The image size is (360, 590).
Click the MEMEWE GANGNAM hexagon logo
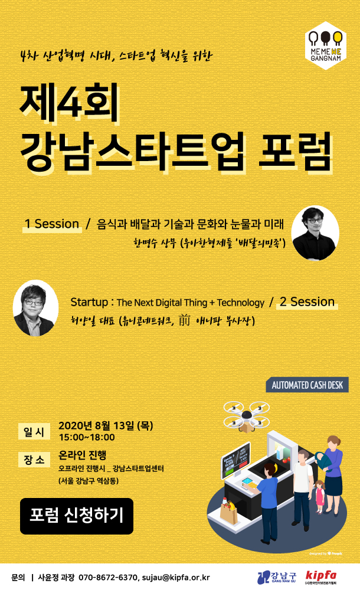[x=325, y=46]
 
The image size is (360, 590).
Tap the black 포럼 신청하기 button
[x=77, y=516]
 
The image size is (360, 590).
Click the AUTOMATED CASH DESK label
[x=307, y=385]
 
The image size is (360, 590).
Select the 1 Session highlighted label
[x=52, y=224]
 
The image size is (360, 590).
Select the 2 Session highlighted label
[x=307, y=302]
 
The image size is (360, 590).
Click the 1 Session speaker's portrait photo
[x=315, y=233]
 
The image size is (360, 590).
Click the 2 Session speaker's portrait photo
[x=36, y=308]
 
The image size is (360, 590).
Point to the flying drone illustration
[x=247, y=416]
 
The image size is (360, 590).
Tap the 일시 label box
[x=34, y=432]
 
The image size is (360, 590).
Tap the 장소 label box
[x=34, y=460]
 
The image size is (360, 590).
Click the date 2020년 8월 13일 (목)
[x=106, y=425]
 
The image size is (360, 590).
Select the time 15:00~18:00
[x=87, y=437]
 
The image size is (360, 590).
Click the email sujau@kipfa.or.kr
[x=176, y=578]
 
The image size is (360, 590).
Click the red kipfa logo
[x=321, y=576]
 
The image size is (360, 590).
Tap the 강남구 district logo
[x=277, y=577]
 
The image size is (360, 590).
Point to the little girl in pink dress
[x=320, y=496]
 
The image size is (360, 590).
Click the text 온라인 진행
[x=83, y=455]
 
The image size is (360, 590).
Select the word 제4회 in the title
[x=69, y=102]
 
